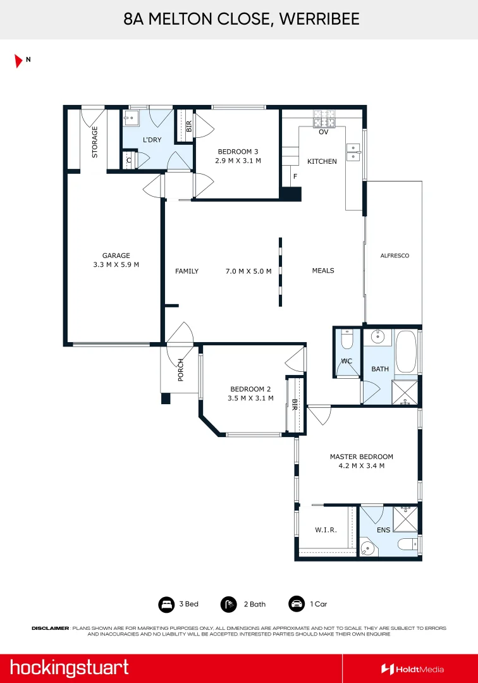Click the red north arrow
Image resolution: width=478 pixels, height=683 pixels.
click(18, 61)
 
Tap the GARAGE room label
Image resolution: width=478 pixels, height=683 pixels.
click(116, 255)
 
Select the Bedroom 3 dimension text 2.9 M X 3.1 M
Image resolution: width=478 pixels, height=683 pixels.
click(238, 161)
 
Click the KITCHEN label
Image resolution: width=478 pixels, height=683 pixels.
click(322, 161)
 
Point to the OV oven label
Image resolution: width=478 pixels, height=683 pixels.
click(324, 132)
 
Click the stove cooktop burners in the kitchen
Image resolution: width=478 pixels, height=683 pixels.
click(324, 118)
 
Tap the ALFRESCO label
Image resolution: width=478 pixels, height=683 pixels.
click(395, 255)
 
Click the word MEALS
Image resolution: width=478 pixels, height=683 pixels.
click(323, 271)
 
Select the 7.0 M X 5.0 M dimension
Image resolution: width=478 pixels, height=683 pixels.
click(248, 271)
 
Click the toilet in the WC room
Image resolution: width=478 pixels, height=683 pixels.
click(347, 340)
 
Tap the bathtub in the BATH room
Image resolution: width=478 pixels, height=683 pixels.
click(406, 352)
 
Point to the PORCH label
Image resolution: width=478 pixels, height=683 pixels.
click(181, 370)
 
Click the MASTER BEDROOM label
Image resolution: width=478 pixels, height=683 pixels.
click(361, 457)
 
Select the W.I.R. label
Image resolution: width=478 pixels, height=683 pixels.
click(326, 530)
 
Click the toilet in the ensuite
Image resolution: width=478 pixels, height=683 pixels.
click(407, 544)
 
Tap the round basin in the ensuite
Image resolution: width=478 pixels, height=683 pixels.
click(367, 548)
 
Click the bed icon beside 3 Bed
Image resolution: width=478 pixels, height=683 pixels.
click(166, 605)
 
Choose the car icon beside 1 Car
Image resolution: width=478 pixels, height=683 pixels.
click(297, 604)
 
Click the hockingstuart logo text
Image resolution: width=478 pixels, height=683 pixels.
click(69, 668)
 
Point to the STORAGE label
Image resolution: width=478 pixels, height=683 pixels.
click(94, 142)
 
